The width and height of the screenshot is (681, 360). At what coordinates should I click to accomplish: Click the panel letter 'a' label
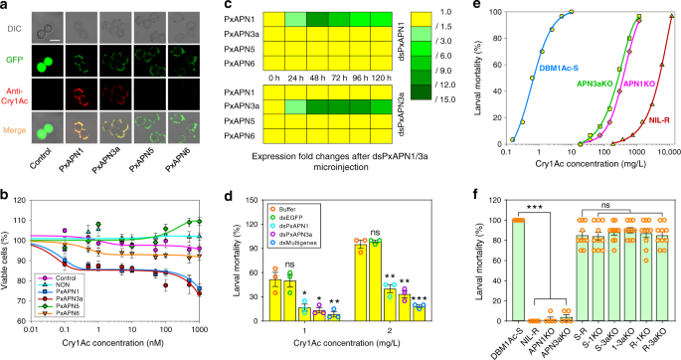pos(7,8)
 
